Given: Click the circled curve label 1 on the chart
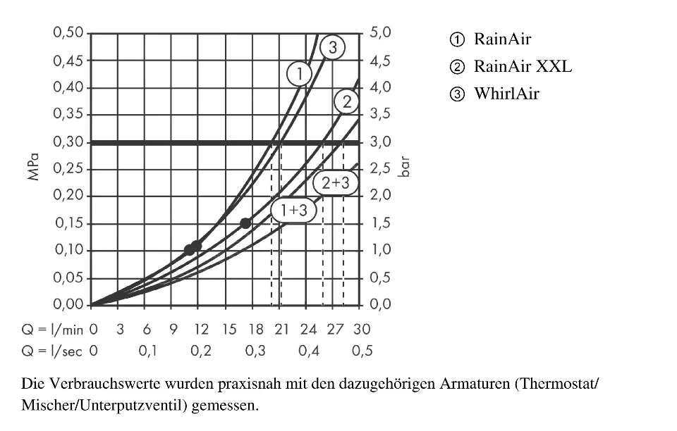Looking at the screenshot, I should pos(299,73).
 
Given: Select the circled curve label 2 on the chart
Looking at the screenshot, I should pos(346,102).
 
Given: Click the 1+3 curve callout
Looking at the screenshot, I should pos(293,210).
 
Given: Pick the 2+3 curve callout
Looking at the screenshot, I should pos(335,183).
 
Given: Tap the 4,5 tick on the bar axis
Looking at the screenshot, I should pos(379,61).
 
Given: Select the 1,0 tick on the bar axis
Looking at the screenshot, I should pos(379,251).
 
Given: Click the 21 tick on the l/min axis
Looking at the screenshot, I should pos(281,329).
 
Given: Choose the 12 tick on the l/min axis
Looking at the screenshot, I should pos(201,329).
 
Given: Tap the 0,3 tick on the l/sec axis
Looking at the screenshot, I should pos(255,351).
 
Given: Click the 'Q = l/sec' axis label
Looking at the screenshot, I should pos(53,351).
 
